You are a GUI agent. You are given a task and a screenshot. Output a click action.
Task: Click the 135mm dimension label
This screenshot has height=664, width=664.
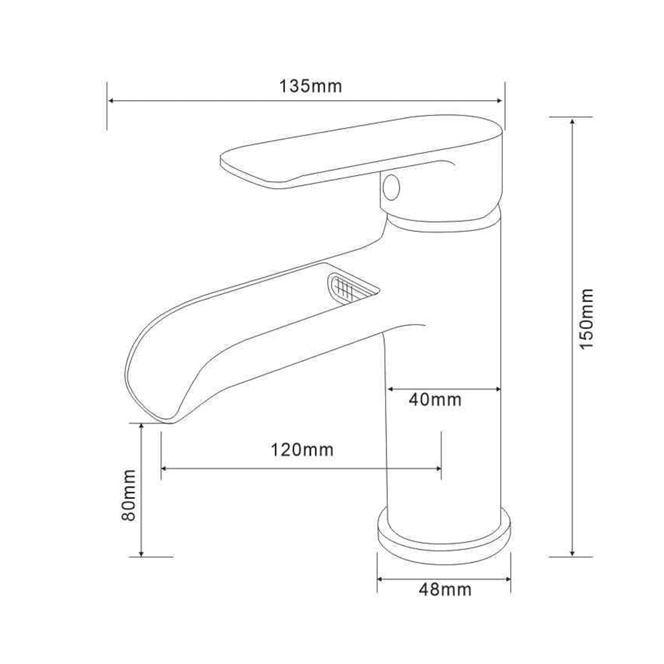[x=310, y=86]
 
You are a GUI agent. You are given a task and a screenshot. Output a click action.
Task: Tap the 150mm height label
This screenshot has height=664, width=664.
[x=587, y=319]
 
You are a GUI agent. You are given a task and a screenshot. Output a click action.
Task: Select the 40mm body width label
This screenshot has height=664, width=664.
[x=435, y=400]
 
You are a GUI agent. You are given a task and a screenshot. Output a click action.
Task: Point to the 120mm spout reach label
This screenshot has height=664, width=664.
[x=302, y=450]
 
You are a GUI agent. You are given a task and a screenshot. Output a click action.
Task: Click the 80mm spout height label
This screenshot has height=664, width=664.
[x=129, y=495]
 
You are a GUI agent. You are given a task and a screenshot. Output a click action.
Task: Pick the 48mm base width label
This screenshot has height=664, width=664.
[x=445, y=589]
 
